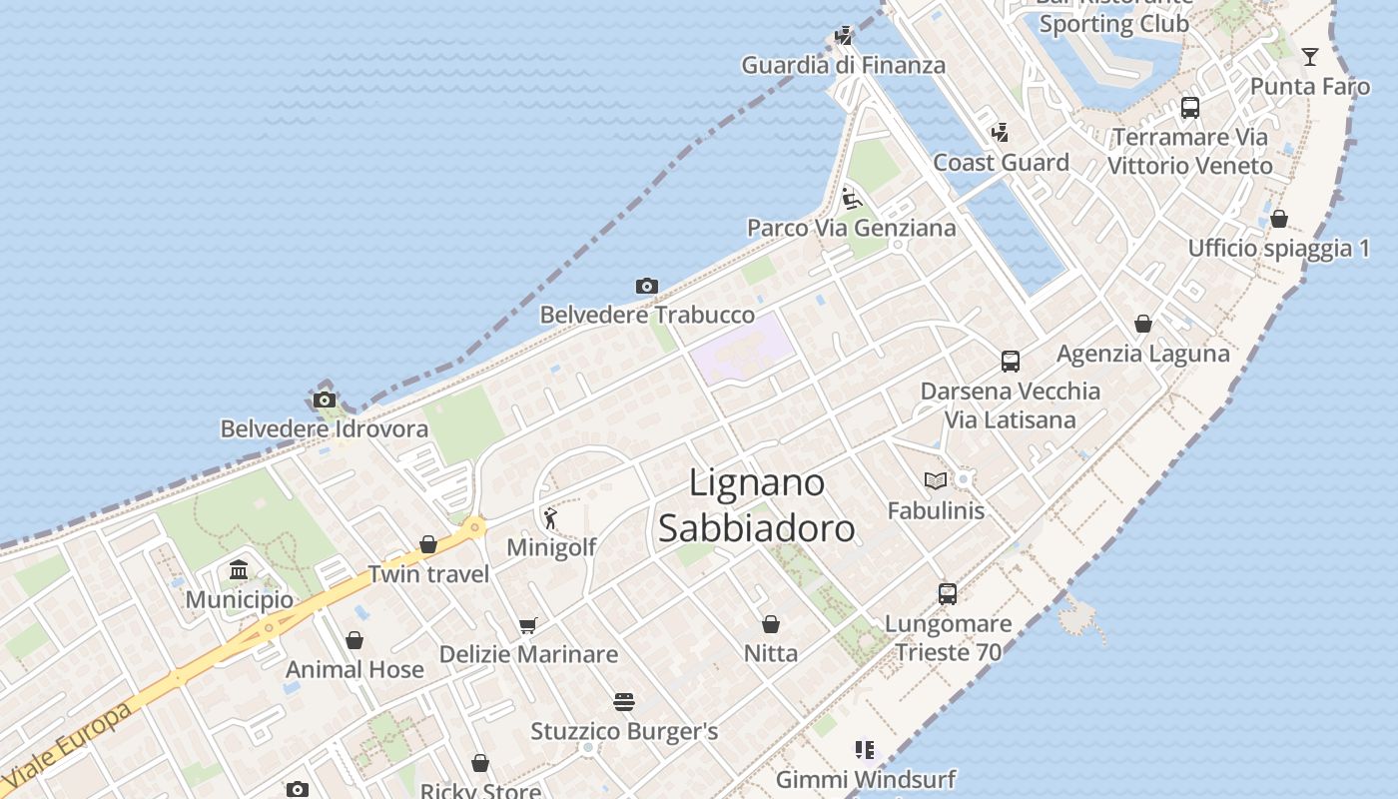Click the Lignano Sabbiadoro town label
click(x=756, y=506)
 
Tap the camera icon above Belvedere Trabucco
click(x=647, y=287)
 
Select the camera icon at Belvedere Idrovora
click(x=324, y=400)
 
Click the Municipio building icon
click(x=239, y=570)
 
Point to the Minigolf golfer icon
click(x=550, y=518)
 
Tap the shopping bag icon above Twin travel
click(x=428, y=545)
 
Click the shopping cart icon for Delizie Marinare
click(x=528, y=626)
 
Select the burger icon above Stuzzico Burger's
click(x=624, y=702)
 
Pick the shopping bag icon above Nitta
click(x=771, y=625)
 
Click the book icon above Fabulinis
click(x=936, y=481)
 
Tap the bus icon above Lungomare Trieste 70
click(x=948, y=594)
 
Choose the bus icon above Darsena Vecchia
click(x=1011, y=362)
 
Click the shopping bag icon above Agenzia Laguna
click(x=1143, y=325)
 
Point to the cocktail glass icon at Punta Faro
click(x=1310, y=57)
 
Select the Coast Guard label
click(x=1001, y=163)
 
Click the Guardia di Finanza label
click(x=843, y=66)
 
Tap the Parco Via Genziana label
click(x=852, y=228)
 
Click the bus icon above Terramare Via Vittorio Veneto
click(x=1190, y=108)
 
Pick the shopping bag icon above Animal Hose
click(x=354, y=641)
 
